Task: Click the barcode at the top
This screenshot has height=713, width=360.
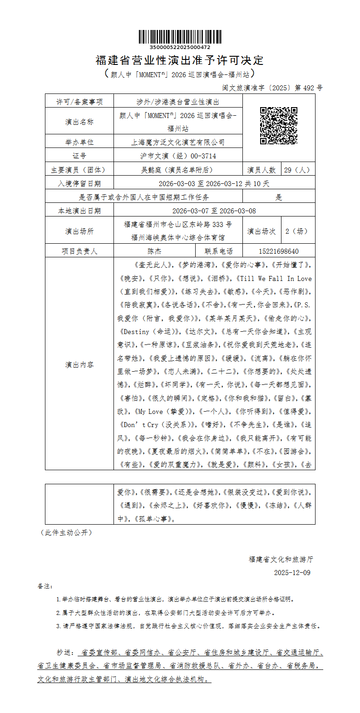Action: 180,37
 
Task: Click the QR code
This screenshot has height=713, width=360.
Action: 278,126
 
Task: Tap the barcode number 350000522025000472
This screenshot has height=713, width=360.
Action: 180,47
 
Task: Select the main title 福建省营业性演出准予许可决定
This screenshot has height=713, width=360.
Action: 180,60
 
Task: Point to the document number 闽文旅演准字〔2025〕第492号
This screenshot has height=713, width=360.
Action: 272,88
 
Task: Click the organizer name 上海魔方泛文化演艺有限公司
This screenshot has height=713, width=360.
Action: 178,142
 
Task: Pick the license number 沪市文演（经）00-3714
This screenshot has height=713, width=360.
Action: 178,156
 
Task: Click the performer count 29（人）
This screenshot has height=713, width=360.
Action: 297,170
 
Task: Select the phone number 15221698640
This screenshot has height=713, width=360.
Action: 278,251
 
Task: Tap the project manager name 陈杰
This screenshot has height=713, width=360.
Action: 154,251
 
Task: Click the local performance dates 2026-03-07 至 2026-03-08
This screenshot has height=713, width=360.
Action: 214,211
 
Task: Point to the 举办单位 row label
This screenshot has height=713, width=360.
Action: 79,142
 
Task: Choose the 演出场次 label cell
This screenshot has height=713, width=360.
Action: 261,231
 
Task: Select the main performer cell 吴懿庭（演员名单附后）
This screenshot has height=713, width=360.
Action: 178,170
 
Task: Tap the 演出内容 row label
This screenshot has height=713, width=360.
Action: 79,364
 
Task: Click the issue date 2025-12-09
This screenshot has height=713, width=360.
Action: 292,572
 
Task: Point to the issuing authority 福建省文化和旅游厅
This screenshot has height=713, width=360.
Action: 281,559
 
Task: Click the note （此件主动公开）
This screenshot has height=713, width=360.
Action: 66,532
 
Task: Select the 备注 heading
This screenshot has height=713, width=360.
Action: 45,586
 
